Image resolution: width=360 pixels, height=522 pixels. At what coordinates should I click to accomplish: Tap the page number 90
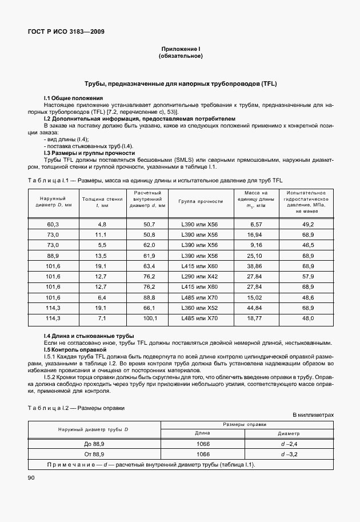click(x=31, y=477)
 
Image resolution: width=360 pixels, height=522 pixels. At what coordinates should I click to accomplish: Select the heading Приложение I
click(x=180, y=50)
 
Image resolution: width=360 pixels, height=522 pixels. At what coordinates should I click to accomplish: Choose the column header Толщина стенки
click(x=102, y=201)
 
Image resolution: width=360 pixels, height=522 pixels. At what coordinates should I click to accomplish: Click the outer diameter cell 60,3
click(x=53, y=225)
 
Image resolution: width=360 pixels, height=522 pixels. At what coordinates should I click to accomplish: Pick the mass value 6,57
click(x=255, y=225)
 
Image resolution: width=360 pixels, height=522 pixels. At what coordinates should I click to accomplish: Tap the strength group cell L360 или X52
click(x=198, y=308)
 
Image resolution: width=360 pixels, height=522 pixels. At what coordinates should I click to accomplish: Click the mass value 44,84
click(x=255, y=308)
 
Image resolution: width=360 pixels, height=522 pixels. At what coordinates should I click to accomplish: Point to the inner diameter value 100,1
click(x=150, y=318)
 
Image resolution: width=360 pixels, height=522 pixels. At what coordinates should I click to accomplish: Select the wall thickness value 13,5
click(x=102, y=256)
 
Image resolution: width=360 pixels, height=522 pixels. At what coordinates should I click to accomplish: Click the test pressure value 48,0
click(x=309, y=318)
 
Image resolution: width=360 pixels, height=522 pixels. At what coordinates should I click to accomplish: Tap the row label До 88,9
click(x=94, y=443)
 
